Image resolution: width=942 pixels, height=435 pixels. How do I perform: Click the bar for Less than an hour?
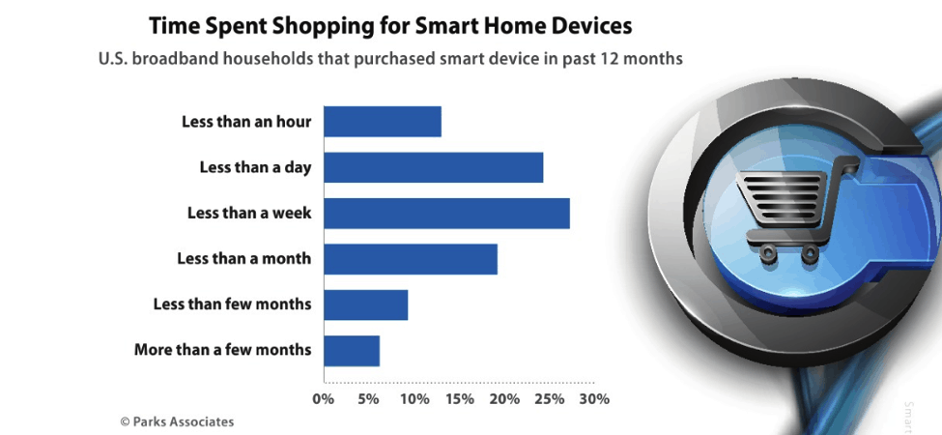click(x=383, y=122)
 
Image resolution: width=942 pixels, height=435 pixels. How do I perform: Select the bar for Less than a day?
click(x=433, y=167)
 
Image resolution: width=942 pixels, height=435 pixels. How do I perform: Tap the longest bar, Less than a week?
click(x=446, y=214)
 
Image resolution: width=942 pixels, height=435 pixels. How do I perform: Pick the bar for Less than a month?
click(x=411, y=259)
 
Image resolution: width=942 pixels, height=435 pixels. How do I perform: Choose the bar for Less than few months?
click(x=366, y=304)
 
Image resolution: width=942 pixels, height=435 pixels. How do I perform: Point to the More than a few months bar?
click(x=352, y=351)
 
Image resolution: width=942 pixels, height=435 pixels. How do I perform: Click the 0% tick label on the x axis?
click(x=324, y=399)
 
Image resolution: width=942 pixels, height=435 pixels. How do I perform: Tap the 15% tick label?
click(x=460, y=399)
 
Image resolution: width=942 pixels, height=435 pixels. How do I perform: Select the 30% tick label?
click(x=595, y=399)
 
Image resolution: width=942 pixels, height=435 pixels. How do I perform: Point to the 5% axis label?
click(x=369, y=399)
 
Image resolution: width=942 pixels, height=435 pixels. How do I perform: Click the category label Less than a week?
click(x=249, y=214)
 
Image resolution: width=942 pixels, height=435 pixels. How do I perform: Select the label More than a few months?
click(x=223, y=350)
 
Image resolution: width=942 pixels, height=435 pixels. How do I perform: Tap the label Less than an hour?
click(x=247, y=122)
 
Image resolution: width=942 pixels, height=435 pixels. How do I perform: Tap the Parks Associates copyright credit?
click(x=177, y=421)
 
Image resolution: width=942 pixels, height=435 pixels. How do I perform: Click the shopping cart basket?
click(x=781, y=195)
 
